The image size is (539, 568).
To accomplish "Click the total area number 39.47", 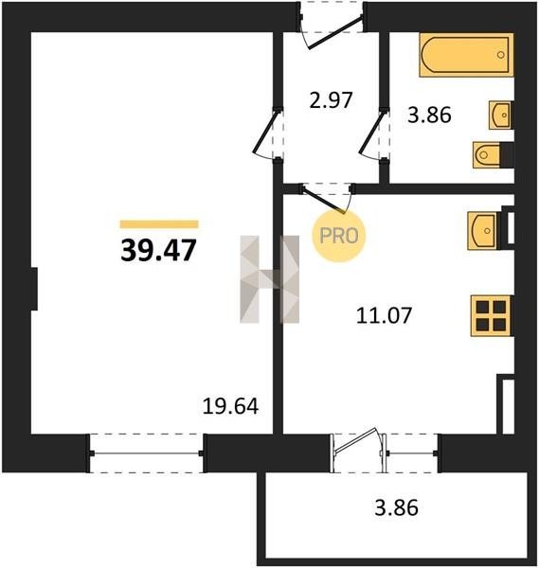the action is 158,250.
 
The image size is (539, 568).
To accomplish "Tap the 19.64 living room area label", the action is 230,406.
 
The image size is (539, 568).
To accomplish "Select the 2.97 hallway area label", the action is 331,100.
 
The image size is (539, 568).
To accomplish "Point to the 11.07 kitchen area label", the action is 385,315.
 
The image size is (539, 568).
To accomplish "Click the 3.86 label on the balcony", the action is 397,507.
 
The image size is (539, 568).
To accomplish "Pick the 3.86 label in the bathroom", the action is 429,115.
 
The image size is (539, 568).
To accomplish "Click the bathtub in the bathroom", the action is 466,55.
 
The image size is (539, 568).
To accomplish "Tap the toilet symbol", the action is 493,155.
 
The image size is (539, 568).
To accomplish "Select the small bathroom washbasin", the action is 501,115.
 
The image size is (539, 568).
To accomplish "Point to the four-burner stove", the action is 492,316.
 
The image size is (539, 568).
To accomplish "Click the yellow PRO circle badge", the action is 339,236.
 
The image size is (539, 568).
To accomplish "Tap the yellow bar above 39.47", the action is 159,224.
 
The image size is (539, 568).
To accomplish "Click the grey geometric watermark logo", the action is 270,279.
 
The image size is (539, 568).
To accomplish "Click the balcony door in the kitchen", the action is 358,450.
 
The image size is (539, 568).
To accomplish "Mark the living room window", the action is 146,453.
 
